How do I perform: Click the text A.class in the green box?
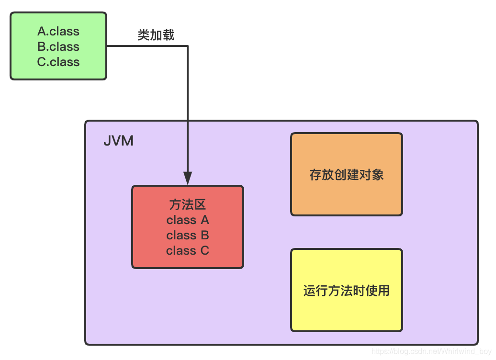(58, 32)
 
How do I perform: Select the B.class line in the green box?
(58, 47)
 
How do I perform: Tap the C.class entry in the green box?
(58, 62)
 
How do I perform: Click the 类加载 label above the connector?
(156, 35)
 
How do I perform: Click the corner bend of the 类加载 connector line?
(188, 46)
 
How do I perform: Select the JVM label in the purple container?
(118, 142)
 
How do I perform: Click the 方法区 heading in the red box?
(188, 205)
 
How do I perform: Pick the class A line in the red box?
(188, 220)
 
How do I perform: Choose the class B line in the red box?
(188, 236)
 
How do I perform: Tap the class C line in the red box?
(188, 251)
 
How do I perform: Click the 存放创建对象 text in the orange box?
(347, 175)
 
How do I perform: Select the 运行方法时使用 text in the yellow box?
(347, 291)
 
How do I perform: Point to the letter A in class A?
(205, 220)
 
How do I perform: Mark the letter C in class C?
(205, 251)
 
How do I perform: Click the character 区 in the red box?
(200, 205)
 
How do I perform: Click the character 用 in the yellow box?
(383, 291)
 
